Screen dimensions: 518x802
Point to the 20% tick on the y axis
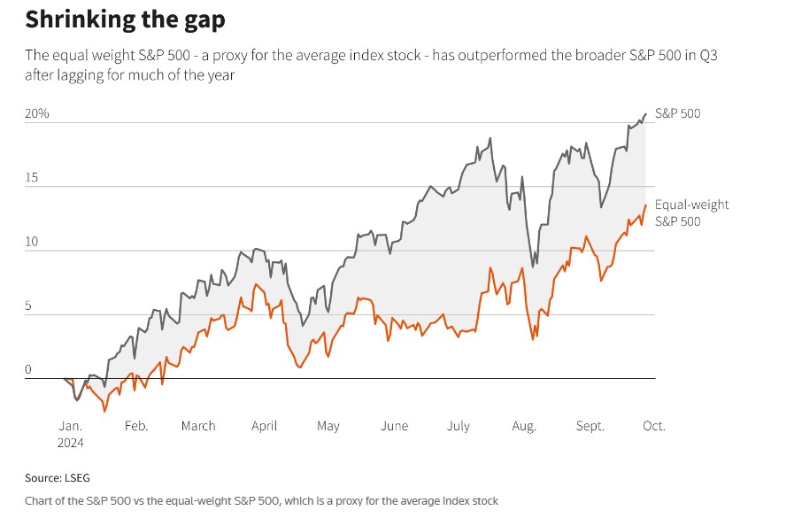tap(36, 114)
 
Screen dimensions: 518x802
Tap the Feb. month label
tap(135, 426)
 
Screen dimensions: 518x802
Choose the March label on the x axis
tap(198, 426)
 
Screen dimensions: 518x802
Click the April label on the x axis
tap(264, 426)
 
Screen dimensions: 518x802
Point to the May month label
tap(328, 426)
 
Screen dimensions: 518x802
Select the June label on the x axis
tap(394, 426)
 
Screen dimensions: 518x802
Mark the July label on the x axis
tap(458, 426)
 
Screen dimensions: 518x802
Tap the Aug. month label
tap(524, 426)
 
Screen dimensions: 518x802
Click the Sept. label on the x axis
tap(590, 426)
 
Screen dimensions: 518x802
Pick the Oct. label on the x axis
tap(653, 426)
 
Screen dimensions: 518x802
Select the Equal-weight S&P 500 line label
tap(691, 213)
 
